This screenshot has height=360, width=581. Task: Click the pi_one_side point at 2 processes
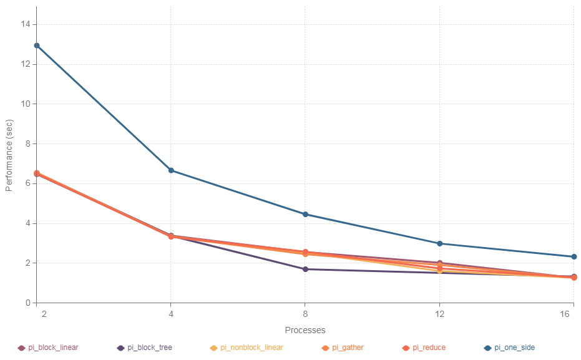(x=37, y=46)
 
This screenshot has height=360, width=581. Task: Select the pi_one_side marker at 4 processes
(x=171, y=170)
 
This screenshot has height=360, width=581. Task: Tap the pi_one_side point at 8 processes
(x=305, y=214)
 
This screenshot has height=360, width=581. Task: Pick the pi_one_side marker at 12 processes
(x=439, y=243)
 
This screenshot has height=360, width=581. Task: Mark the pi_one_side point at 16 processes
(x=574, y=256)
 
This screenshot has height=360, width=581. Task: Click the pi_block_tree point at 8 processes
(x=305, y=269)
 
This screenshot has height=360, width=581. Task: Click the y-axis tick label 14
(x=24, y=24)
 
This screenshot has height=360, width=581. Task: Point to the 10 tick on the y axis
(x=24, y=104)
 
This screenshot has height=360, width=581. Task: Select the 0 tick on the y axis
(x=26, y=303)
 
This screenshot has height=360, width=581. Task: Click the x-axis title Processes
(x=305, y=330)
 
